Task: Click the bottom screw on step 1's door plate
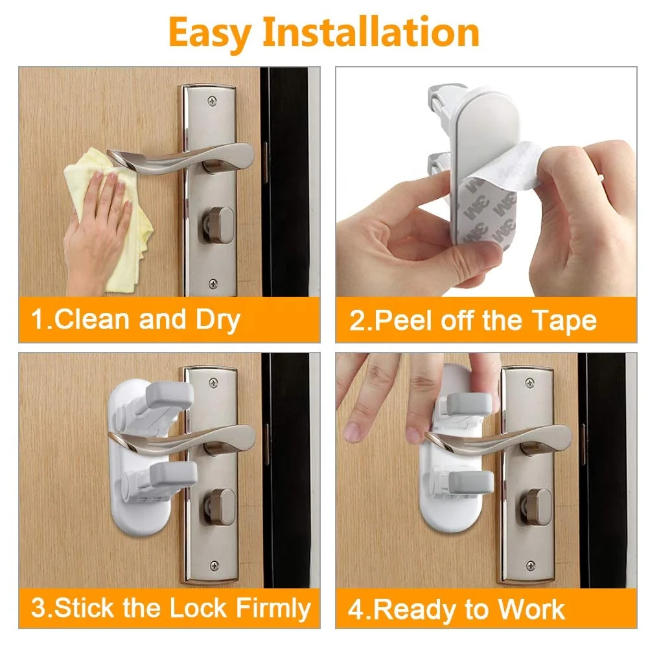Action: click(213, 283)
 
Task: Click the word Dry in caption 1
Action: click(217, 319)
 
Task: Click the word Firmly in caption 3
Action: click(273, 609)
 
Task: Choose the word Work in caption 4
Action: click(531, 609)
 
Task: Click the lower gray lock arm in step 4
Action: click(469, 481)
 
